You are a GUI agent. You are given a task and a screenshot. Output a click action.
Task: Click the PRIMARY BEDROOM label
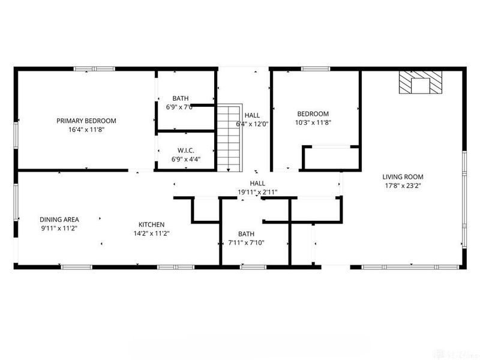click(86, 121)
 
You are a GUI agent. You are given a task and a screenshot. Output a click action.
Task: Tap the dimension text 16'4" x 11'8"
click(86, 129)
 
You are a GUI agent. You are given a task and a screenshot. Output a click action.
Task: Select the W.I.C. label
click(185, 150)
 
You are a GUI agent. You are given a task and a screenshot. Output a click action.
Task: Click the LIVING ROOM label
click(403, 177)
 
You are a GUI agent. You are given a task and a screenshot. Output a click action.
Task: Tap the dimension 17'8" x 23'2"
click(403, 185)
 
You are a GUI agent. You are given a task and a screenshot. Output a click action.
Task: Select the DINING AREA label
click(59, 220)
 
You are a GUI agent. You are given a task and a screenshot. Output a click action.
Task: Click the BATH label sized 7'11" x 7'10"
click(246, 234)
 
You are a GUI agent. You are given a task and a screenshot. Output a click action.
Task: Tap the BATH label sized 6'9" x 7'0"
click(181, 98)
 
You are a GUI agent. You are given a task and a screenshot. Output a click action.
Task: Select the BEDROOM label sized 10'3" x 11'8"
click(313, 114)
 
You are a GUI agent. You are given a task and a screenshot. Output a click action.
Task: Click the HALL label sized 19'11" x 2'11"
click(257, 184)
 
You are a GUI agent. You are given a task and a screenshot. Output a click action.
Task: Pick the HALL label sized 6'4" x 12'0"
click(252, 115)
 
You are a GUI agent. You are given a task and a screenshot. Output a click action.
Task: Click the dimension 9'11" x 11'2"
click(59, 228)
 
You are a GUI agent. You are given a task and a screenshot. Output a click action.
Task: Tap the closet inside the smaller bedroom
click(331, 158)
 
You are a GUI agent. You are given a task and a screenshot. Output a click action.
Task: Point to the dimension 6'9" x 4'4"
click(185, 159)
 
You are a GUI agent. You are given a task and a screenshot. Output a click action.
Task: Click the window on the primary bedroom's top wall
click(94, 69)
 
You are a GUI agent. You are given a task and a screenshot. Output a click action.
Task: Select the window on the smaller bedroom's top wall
click(311, 69)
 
